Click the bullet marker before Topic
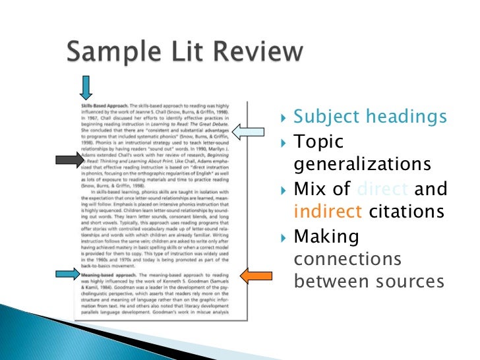[284, 142]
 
